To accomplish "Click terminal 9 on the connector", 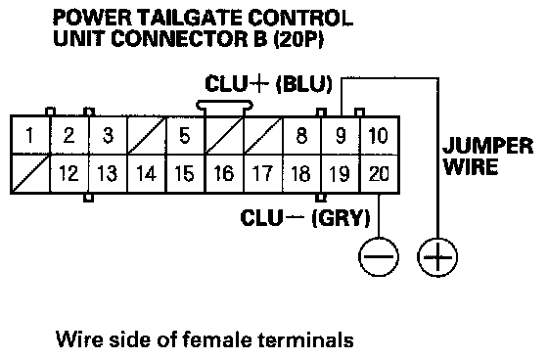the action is tap(341, 135).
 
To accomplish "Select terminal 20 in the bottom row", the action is tap(380, 173).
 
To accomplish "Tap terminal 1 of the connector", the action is tap(30, 135).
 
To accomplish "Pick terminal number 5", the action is tap(185, 135).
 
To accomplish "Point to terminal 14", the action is tap(147, 173).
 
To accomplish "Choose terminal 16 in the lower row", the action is tap(224, 173).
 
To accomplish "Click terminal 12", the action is tap(69, 173).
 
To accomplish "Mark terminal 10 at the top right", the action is tap(380, 135).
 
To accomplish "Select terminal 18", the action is tap(301, 173).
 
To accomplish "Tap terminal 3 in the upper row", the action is tap(108, 135).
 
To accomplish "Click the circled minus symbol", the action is tap(379, 257).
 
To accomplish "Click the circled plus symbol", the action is tap(437, 257).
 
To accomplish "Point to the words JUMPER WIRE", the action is tap(487, 156).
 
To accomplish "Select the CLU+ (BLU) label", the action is tap(268, 84).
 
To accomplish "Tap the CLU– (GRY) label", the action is tap(304, 218).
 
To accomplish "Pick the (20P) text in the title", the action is tap(298, 38).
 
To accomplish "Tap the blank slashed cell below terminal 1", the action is tap(30, 173).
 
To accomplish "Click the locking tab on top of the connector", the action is tap(224, 105).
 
